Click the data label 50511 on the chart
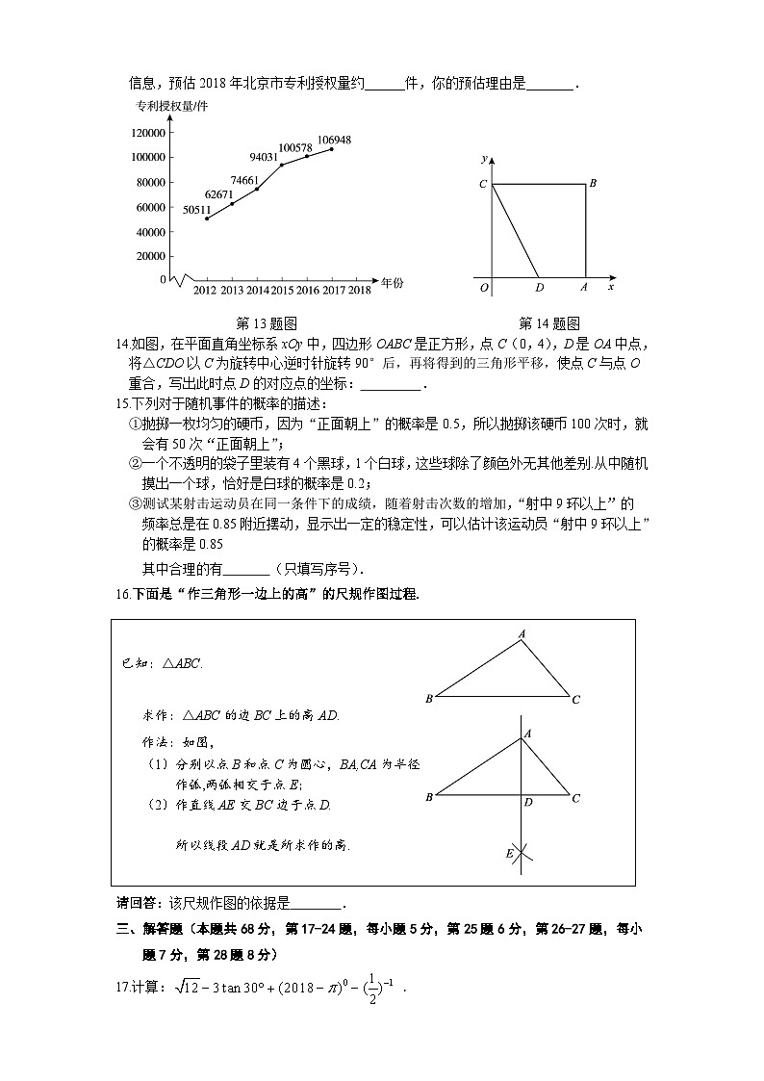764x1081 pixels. [x=196, y=210]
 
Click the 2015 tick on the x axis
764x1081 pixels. [x=283, y=290]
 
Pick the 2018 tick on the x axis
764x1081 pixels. [x=360, y=290]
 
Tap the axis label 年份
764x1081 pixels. [x=392, y=283]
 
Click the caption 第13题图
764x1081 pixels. [x=266, y=323]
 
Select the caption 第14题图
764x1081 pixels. [x=549, y=323]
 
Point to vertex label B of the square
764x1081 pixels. [x=593, y=183]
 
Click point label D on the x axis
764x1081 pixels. [x=539, y=287]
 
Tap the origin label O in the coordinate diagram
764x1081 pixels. [x=484, y=287]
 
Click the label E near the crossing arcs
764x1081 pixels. [x=509, y=854]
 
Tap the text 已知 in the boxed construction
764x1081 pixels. [x=133, y=663]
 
